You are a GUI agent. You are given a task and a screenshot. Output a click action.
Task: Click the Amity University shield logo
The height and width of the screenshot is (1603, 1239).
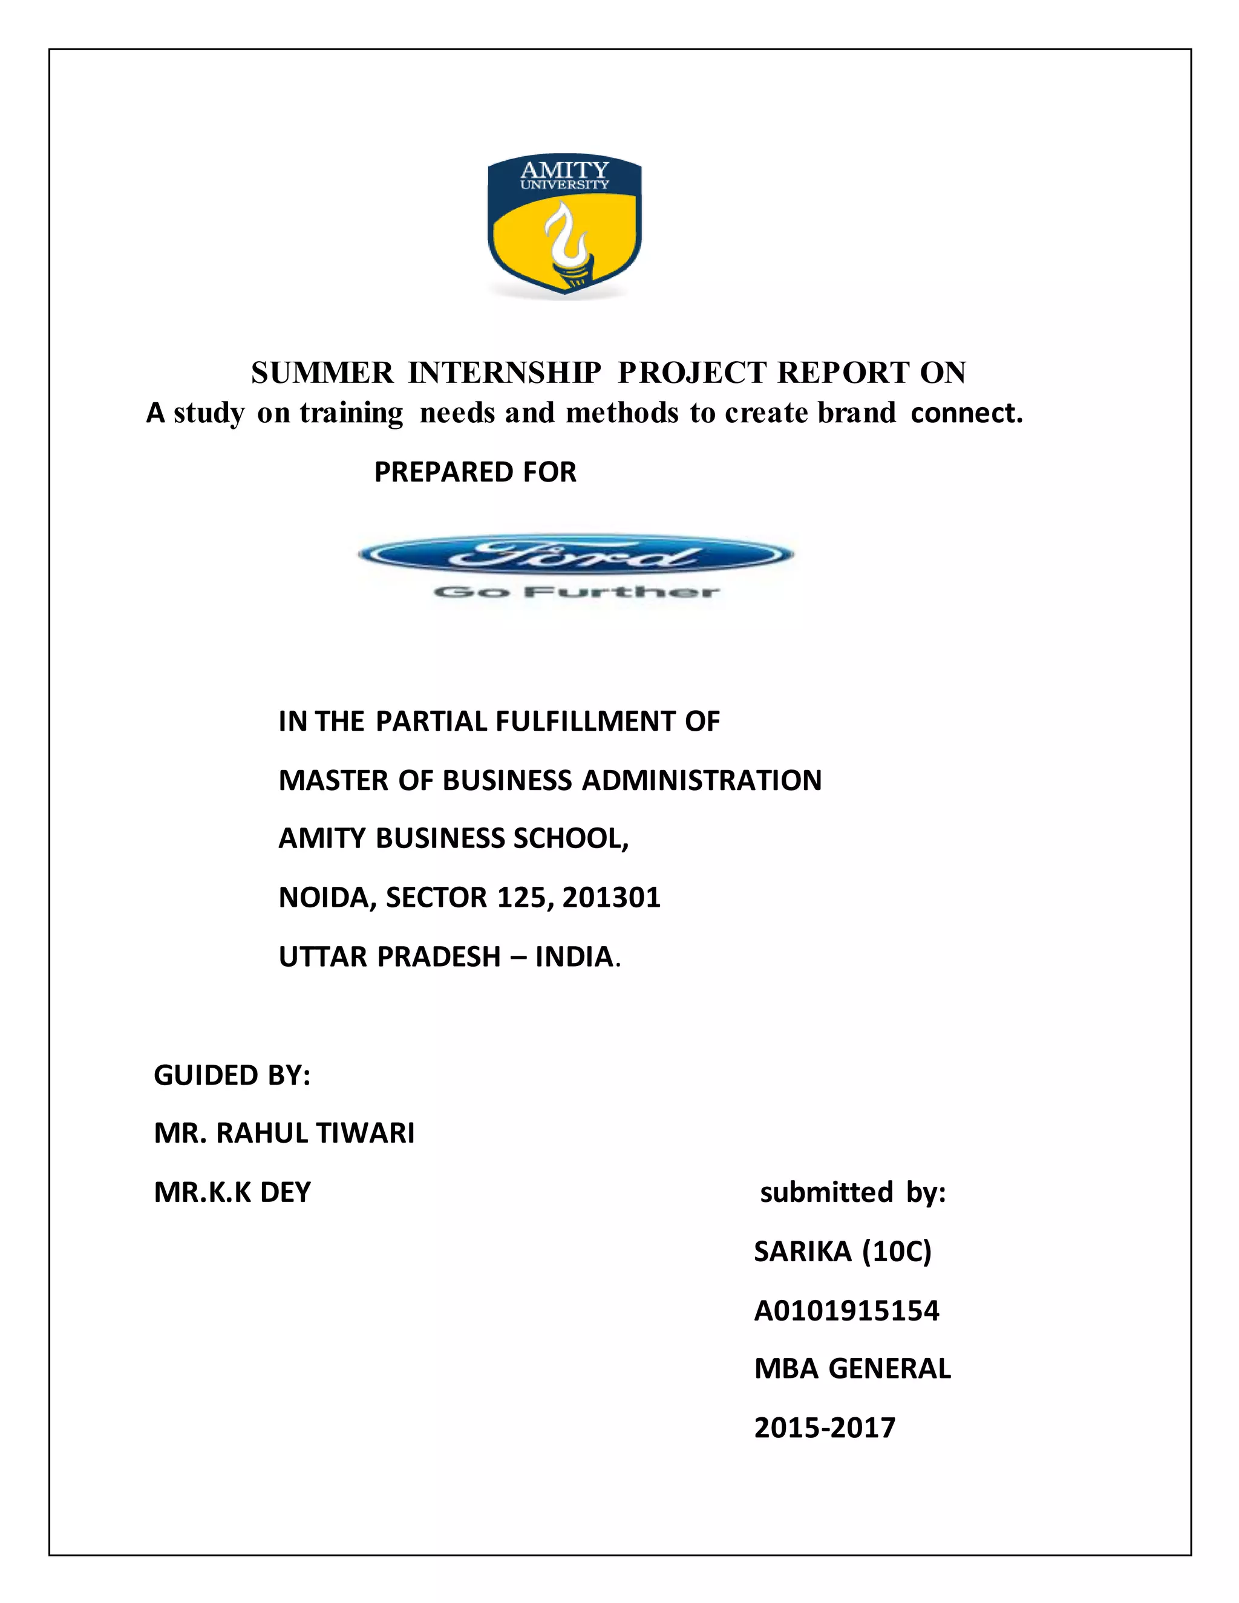tap(564, 226)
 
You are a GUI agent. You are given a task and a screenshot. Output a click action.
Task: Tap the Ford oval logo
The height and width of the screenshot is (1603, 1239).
tap(576, 556)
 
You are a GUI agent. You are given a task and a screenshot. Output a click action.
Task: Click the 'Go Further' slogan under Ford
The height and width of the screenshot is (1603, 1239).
tap(576, 592)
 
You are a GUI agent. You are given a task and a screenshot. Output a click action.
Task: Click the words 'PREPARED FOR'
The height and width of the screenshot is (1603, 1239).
tap(475, 472)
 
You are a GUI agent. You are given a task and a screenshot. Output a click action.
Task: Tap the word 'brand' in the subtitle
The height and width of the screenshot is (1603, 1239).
tap(857, 413)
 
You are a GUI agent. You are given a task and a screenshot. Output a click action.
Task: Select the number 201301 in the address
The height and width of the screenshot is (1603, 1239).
tap(612, 898)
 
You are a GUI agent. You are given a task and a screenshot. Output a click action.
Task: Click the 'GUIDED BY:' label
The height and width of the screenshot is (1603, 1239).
tap(232, 1076)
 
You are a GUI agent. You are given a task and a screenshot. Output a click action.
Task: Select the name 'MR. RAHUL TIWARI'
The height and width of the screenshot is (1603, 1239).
tap(284, 1133)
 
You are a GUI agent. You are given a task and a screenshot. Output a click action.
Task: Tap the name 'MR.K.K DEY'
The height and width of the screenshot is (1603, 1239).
tap(232, 1192)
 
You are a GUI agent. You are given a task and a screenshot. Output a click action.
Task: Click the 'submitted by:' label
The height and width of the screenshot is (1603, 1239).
tap(853, 1192)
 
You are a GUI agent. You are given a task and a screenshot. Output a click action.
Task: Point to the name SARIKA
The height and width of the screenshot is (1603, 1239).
tap(802, 1252)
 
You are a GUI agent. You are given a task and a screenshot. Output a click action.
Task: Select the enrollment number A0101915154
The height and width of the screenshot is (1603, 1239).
tap(846, 1311)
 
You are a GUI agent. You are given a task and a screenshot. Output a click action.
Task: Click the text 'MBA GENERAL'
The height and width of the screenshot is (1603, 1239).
tap(852, 1369)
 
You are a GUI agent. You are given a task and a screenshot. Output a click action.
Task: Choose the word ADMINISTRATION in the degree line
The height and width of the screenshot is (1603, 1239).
tap(702, 780)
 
